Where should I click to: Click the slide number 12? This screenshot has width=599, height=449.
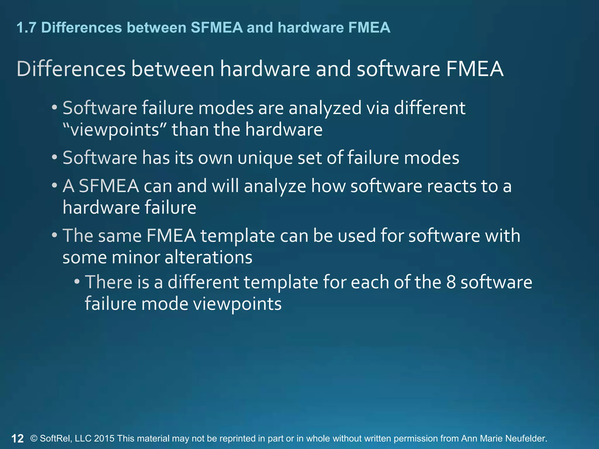point(18,438)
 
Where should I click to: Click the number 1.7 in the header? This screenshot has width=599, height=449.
point(26,28)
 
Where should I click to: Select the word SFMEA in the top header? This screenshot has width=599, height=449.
point(217,28)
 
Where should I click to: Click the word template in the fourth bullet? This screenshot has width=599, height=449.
point(237,236)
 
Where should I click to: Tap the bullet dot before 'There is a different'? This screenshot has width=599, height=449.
point(77,282)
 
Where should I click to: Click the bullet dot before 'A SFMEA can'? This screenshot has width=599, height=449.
point(54,186)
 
